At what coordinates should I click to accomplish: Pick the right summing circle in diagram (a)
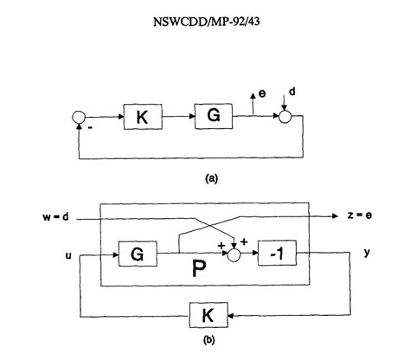(x=282, y=114)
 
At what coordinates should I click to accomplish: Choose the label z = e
(x=356, y=216)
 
